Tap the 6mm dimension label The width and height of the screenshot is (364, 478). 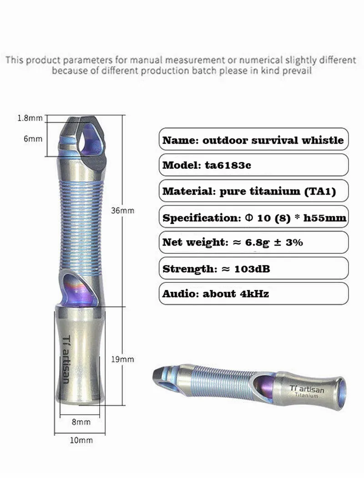click(33, 139)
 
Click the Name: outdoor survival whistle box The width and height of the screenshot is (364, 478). click(253, 140)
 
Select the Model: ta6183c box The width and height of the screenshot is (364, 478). click(253, 165)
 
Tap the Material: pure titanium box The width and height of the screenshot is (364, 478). click(253, 191)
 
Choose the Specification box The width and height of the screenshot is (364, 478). click(253, 217)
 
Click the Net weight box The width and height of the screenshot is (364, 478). click(253, 242)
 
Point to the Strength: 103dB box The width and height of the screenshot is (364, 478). click(253, 268)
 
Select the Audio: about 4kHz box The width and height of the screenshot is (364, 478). click(253, 294)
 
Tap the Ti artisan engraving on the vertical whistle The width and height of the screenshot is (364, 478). click(65, 359)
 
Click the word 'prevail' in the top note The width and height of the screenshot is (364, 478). click(298, 70)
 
